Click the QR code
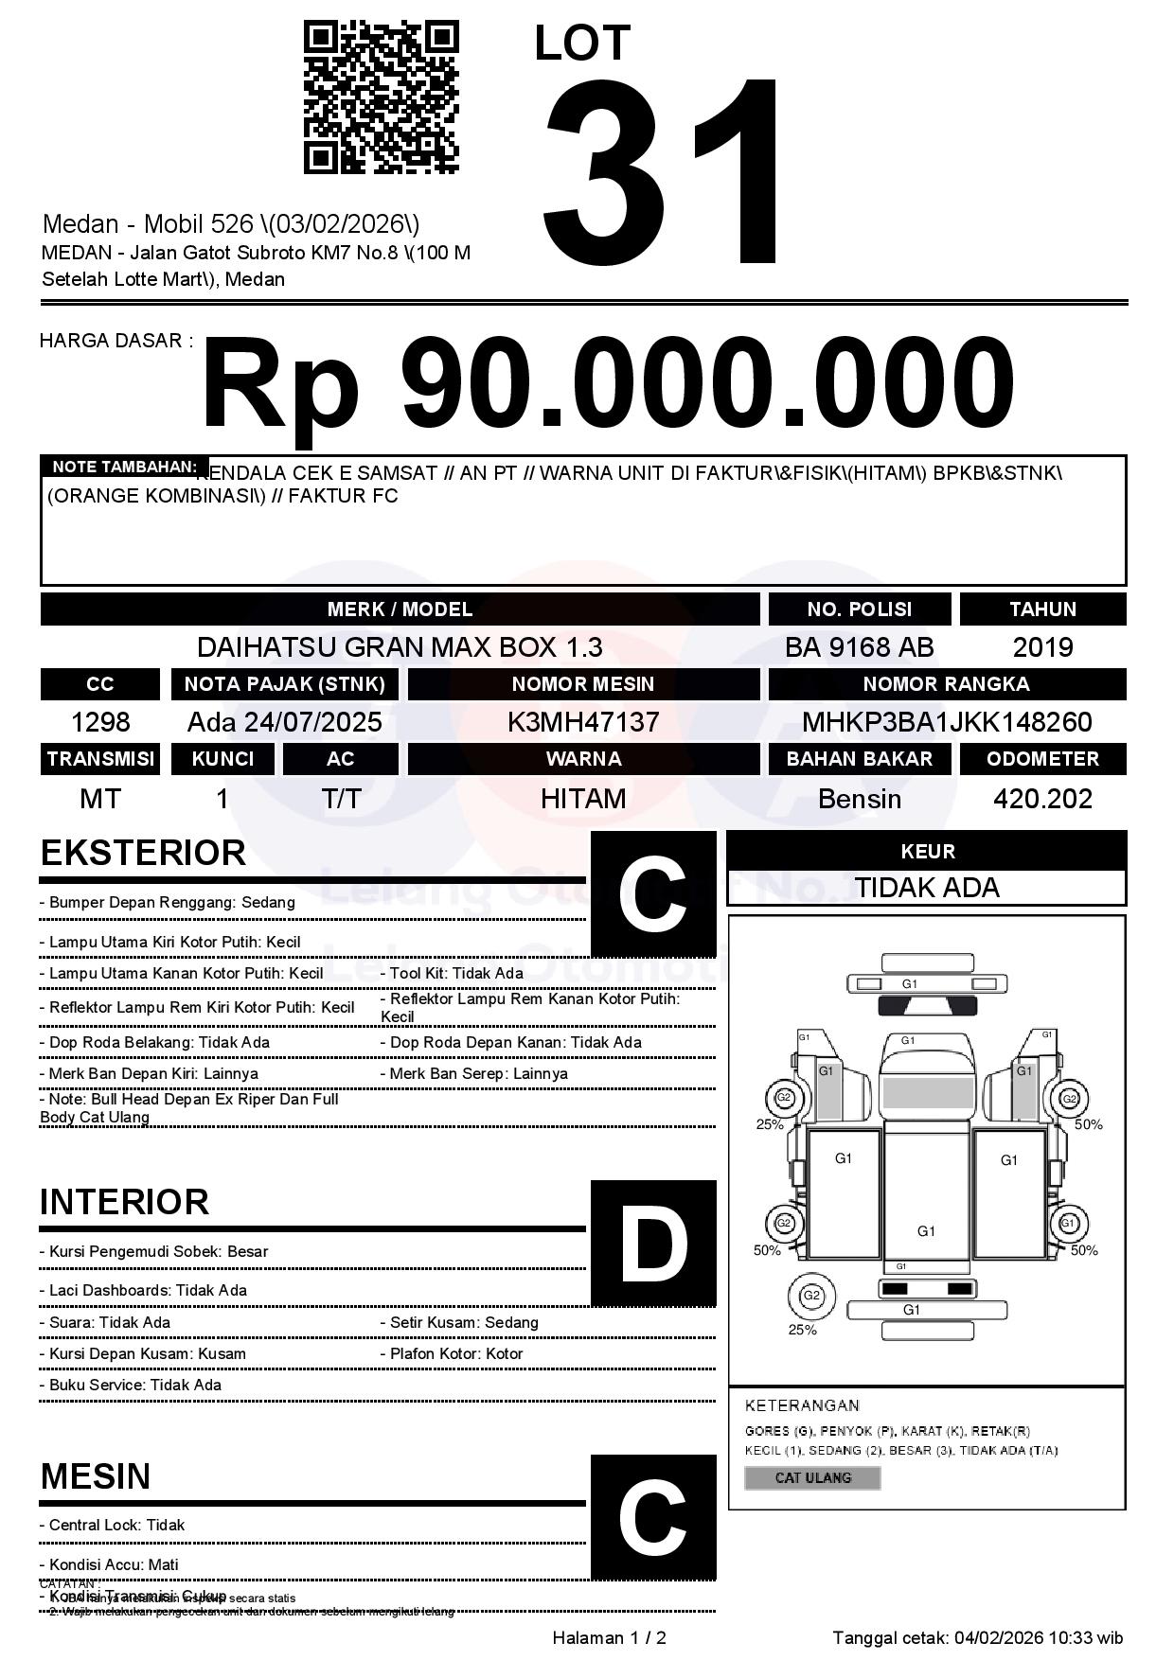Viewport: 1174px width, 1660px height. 381,97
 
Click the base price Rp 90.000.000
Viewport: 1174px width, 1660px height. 607,385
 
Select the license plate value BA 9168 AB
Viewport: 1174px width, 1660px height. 859,647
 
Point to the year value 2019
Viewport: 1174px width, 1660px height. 1042,647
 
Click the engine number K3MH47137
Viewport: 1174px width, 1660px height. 583,722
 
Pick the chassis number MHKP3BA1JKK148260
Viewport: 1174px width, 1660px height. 947,722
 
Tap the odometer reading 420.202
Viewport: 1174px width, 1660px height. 1042,799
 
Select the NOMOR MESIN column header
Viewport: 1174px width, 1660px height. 583,683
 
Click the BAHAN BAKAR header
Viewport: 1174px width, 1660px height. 859,758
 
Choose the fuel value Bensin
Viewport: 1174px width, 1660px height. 859,799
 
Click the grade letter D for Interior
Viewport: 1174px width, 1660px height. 653,1244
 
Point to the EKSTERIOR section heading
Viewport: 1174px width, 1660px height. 143,853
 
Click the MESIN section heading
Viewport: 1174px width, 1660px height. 96,1475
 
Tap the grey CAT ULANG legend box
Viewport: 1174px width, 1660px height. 812,1477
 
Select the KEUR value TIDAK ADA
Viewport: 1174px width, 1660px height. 927,888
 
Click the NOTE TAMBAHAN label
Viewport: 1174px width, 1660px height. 124,467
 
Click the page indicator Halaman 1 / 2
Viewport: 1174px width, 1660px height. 609,1637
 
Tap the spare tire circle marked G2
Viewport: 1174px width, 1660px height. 810,1296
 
